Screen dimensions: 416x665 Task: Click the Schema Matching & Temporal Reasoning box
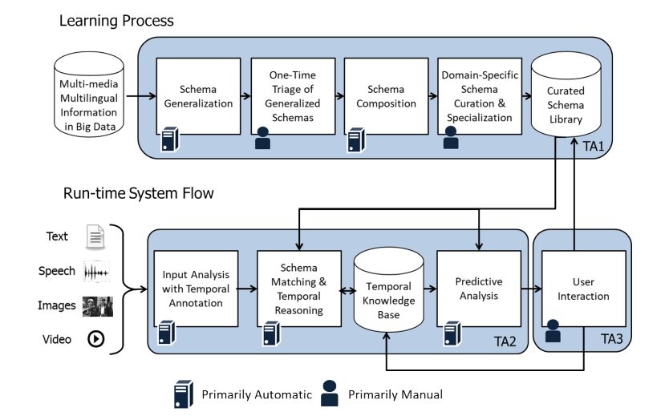coord(298,288)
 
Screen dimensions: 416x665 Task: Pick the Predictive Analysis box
coord(479,288)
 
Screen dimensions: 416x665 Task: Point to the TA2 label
coord(506,342)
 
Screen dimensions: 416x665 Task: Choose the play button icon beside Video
coord(96,340)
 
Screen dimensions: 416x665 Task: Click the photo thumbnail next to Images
coord(97,305)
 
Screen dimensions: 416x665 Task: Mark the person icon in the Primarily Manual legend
coord(329,393)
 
